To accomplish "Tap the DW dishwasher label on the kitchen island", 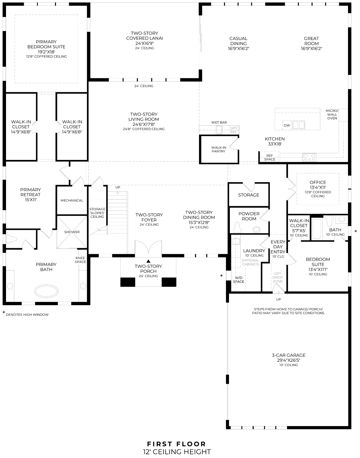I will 287,125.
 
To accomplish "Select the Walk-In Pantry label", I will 218,149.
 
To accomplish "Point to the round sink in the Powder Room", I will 256,229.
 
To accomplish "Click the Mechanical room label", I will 72,201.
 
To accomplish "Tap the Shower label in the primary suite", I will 72,232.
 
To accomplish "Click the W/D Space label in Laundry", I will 238,279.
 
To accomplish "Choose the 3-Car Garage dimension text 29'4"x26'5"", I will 288,360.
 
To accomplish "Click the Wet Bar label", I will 219,123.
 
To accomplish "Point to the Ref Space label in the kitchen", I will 270,158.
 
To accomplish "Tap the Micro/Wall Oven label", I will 332,114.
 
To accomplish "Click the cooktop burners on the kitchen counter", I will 309,157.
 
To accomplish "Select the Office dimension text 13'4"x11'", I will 318,187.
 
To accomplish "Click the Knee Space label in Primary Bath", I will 80,260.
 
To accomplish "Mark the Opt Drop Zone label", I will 277,277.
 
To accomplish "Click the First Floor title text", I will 177,444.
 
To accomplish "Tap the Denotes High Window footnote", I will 27,314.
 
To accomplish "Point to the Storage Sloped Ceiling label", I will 97,213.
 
